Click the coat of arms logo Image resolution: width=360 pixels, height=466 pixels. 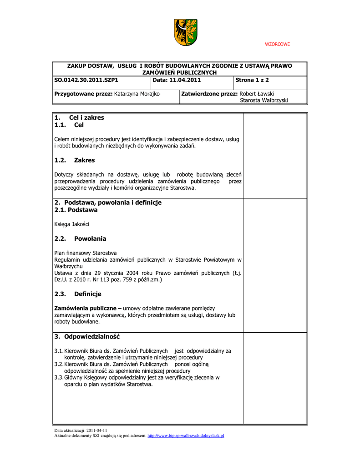pyautogui.click(x=186, y=32)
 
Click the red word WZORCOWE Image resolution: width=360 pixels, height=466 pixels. pyautogui.click(x=277, y=44)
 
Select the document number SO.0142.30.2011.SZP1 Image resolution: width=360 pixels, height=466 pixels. pyautogui.click(x=86, y=80)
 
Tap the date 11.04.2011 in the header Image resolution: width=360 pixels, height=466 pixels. pyautogui.click(x=185, y=80)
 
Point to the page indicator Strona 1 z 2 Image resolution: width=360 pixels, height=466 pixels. pyautogui.click(x=252, y=80)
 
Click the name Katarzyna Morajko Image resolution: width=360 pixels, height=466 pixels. pyautogui.click(x=137, y=94)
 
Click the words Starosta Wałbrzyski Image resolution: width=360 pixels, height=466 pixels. pyautogui.click(x=264, y=100)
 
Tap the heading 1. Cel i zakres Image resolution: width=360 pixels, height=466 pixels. pyautogui.click(x=79, y=117)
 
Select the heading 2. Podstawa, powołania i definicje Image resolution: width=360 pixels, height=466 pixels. pyautogui.click(x=108, y=203)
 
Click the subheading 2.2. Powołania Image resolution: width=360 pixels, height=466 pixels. pyautogui.click(x=80, y=238)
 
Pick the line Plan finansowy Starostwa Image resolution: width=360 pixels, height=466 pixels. pyautogui.click(x=85, y=253)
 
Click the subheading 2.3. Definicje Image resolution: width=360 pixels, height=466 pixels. pyautogui.click(x=77, y=294)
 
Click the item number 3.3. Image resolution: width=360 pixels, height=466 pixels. pyautogui.click(x=58, y=377)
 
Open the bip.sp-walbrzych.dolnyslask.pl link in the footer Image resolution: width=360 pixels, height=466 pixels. pyautogui.click(x=186, y=436)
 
